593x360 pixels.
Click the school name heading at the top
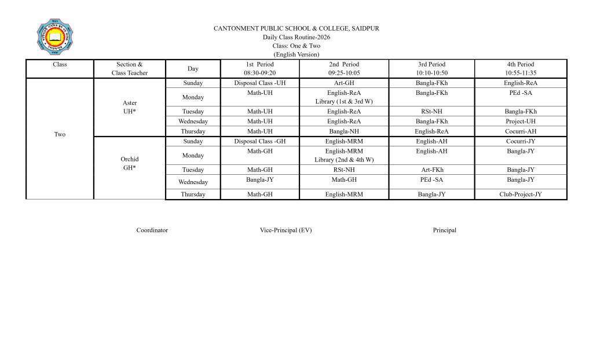(x=296, y=28)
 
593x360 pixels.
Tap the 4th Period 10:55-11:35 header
(x=521, y=69)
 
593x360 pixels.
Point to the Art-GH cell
(x=344, y=83)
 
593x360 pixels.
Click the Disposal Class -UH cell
(x=260, y=83)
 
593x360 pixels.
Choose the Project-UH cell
(x=521, y=122)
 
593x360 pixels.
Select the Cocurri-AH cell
(x=521, y=131)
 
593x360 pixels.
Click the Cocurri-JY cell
(x=521, y=141)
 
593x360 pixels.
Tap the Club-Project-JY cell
(x=521, y=194)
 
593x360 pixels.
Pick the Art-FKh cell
(x=432, y=170)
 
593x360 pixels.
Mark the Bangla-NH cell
(x=344, y=131)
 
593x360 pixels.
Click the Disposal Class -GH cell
(x=260, y=141)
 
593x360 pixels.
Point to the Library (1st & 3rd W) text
(x=344, y=102)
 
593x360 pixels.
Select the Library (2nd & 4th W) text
(x=344, y=160)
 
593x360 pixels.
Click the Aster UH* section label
(x=130, y=106)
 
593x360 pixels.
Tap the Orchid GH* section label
(x=130, y=163)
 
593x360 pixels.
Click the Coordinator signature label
(x=152, y=230)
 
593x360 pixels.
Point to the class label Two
(x=60, y=134)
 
